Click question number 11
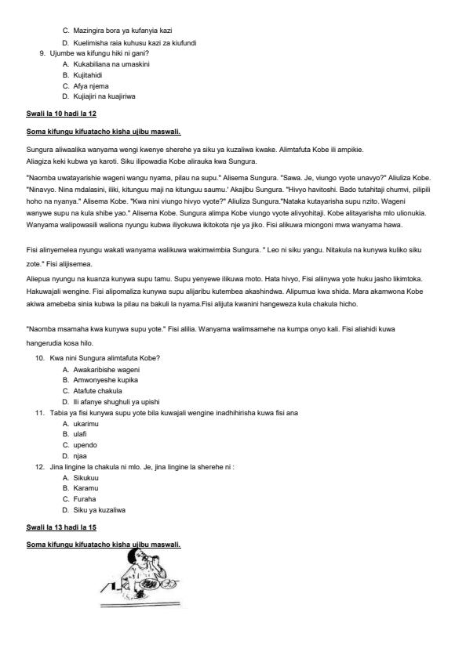click(x=39, y=412)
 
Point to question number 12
click(x=39, y=466)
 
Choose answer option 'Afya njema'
click(x=92, y=85)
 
